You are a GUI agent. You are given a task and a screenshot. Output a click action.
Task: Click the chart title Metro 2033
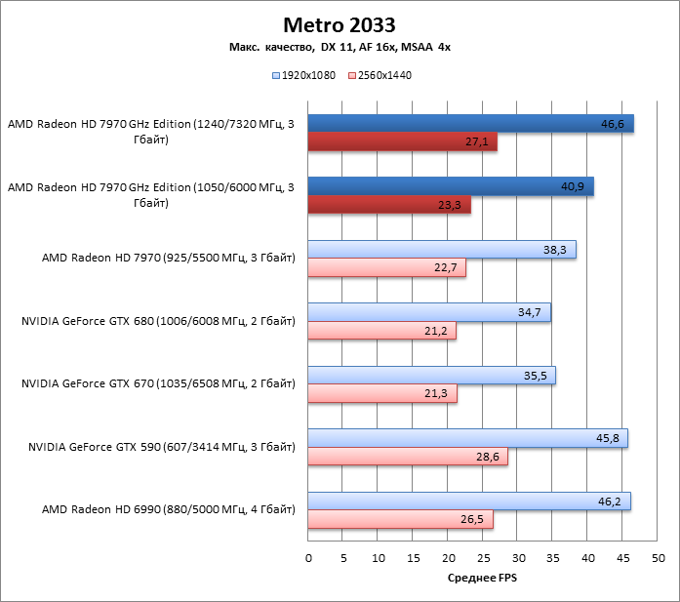[x=340, y=23]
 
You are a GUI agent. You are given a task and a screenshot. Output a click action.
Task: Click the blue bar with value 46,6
[x=470, y=123]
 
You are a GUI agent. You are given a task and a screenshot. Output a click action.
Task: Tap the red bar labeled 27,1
[x=402, y=142]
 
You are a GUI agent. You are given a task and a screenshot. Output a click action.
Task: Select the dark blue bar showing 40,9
[x=451, y=185]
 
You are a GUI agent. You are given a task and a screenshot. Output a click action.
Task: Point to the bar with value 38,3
[x=442, y=249]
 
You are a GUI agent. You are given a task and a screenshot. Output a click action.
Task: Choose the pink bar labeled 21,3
[x=382, y=394]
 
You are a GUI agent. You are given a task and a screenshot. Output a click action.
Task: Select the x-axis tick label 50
[x=659, y=558]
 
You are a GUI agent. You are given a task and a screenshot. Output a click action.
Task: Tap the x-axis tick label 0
[x=308, y=558]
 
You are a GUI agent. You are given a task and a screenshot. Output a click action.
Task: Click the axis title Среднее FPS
[x=483, y=579]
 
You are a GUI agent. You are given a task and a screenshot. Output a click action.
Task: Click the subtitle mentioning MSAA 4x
[x=340, y=47]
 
